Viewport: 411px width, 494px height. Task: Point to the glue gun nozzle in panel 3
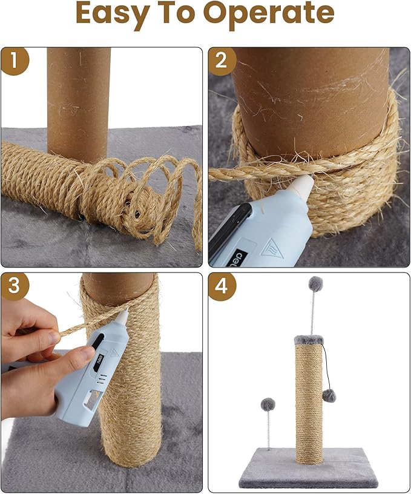click(123, 317)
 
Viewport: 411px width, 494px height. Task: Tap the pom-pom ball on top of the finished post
click(315, 283)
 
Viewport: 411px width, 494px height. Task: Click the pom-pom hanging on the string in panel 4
click(329, 395)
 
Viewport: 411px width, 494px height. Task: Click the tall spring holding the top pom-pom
click(313, 312)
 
